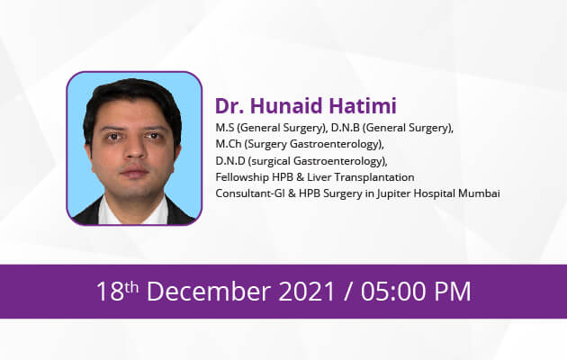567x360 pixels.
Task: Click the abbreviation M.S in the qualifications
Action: [224, 128]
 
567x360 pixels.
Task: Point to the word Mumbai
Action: [480, 193]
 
